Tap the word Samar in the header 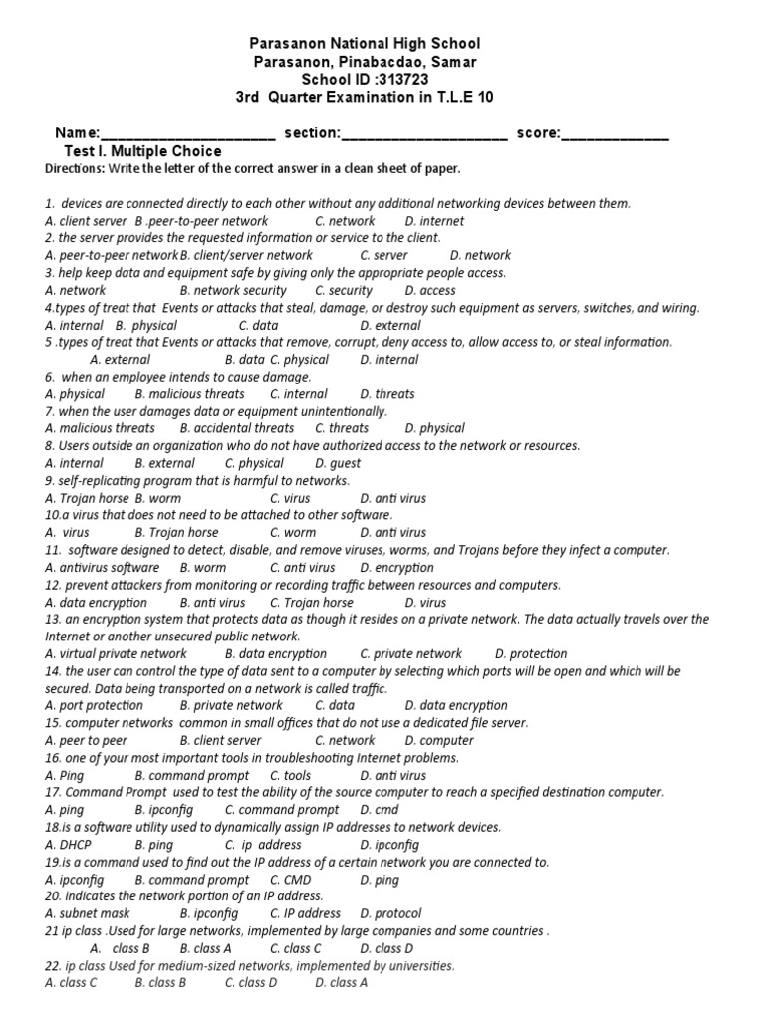pos(450,62)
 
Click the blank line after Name pos(188,133)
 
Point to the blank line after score pos(616,133)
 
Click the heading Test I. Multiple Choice pos(142,151)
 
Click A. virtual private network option pos(117,654)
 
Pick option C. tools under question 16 pos(291,775)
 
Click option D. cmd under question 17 pos(380,810)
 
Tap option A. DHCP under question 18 pos(68,845)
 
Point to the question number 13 pos(54,620)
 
